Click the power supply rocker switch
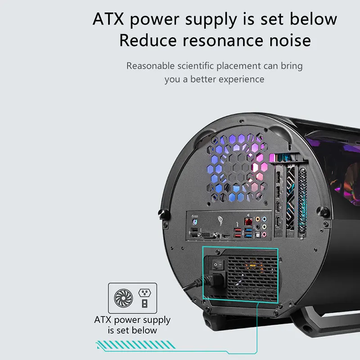pos(217,265)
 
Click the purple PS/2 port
pos(195,222)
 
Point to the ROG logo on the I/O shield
pos(220,220)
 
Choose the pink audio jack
pos(264,234)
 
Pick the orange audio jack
pos(258,219)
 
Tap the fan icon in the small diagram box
pos(123,298)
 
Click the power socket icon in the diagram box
pos(144,293)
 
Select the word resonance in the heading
pos(222,40)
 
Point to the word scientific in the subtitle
pos(196,66)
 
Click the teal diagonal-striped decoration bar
pos(136,345)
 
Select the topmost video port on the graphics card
pos(278,177)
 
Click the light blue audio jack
pos(264,219)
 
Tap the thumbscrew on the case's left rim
pos(163,213)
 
